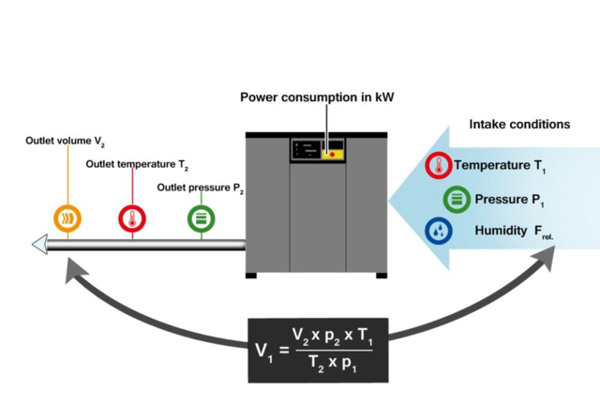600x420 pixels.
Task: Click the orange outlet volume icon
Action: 67,218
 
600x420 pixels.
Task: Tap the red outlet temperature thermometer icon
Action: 132,218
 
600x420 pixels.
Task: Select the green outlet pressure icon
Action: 202,218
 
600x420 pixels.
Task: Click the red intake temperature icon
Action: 439,167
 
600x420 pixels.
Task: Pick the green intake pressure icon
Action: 457,200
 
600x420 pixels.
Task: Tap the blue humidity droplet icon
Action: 438,230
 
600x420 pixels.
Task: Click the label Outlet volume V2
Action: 64,142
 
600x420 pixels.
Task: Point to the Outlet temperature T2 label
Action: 137,165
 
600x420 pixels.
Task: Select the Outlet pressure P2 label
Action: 201,187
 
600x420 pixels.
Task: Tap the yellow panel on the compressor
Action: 334,153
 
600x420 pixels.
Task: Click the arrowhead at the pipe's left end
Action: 39,246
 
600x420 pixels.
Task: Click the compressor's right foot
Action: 381,275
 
